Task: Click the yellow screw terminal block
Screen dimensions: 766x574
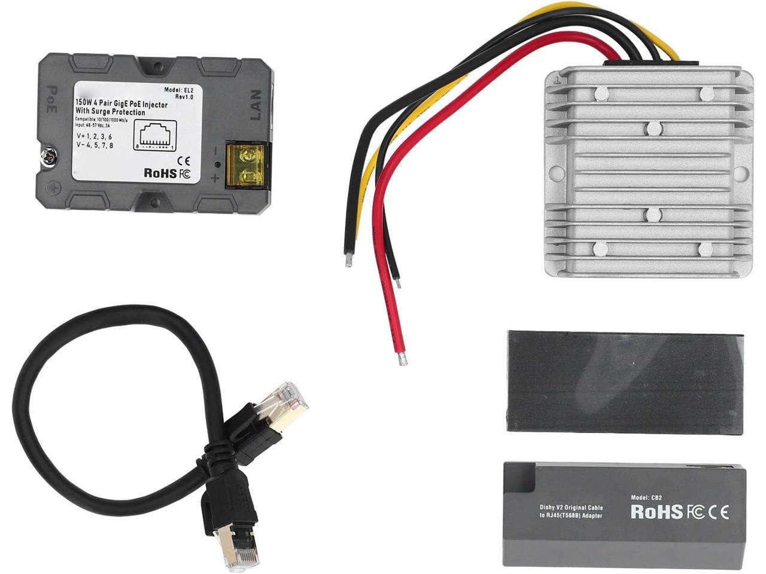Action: click(248, 165)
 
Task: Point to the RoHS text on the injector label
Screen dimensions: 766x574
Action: click(160, 173)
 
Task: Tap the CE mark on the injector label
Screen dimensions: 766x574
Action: click(184, 160)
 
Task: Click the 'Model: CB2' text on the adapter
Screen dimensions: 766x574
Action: click(649, 497)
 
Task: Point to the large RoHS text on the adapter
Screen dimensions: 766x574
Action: click(656, 512)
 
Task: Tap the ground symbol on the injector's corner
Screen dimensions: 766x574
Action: click(51, 187)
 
